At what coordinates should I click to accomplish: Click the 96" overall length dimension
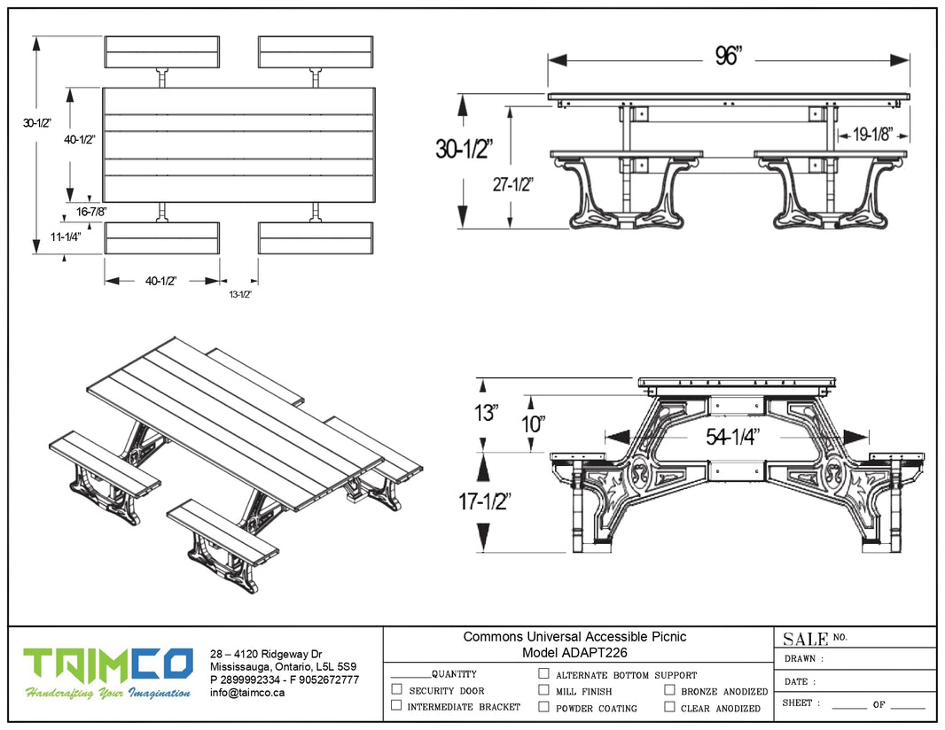728,56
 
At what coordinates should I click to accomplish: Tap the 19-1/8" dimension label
873,136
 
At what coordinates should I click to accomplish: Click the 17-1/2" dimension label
483,501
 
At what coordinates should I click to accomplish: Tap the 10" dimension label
533,423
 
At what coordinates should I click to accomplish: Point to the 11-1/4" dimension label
65,237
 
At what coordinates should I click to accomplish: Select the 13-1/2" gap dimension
240,293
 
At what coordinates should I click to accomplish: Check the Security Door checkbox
396,689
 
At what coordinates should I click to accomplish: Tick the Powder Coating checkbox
543,707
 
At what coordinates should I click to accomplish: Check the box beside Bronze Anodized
669,689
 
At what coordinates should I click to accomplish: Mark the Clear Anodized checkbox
669,707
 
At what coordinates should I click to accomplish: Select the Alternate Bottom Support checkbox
543,673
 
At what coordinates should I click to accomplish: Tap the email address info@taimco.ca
247,693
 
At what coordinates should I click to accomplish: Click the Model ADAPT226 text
574,652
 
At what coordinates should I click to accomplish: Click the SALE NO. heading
815,638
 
